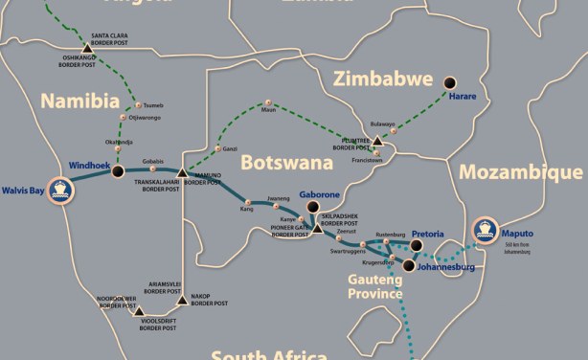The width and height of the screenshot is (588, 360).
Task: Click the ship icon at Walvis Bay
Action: tap(62, 189)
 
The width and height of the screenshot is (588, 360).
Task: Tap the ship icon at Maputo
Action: tap(486, 230)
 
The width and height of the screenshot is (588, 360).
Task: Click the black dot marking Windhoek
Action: tap(118, 171)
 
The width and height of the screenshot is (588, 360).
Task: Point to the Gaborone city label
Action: tap(320, 193)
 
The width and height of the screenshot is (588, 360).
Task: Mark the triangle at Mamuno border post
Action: tap(182, 172)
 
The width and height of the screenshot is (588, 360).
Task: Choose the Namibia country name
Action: tap(79, 101)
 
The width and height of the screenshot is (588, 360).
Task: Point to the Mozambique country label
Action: tap(520, 172)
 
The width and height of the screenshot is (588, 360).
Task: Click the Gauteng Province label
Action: tap(374, 285)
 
